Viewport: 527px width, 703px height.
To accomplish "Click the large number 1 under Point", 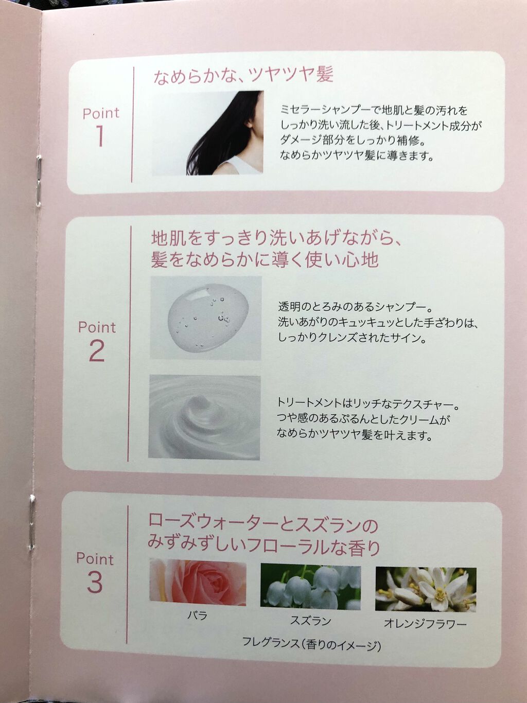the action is point(100,136).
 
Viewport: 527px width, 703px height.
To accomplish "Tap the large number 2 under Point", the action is point(96,350).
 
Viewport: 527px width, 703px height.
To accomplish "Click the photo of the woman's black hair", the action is point(208,133).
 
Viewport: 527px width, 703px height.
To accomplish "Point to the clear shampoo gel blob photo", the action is point(206,318).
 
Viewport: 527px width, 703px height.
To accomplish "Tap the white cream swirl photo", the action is point(205,417).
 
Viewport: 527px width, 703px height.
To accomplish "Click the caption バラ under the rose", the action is point(197,616).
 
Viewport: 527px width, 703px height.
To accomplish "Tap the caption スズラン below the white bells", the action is point(310,621).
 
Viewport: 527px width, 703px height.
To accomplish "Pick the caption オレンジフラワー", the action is point(425,624).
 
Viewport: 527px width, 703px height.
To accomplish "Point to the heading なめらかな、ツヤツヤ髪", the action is point(243,76).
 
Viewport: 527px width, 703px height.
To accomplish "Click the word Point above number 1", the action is point(101,113).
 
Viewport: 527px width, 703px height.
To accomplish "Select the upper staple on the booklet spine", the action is point(39,181).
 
